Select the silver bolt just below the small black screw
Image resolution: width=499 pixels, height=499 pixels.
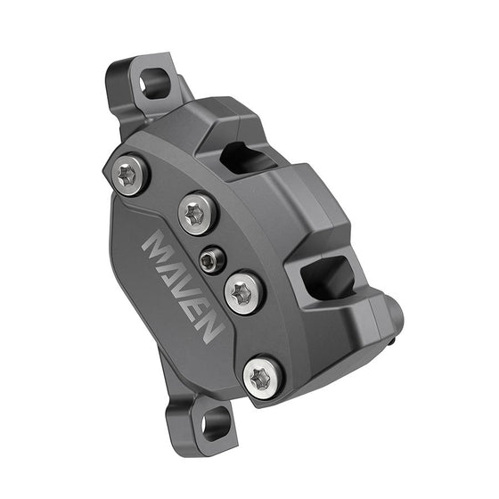[x=242, y=293]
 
